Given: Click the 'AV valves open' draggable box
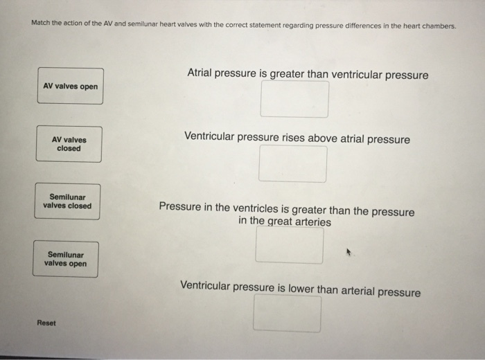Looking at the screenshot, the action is click(x=71, y=86).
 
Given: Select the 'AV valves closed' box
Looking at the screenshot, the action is click(x=69, y=144).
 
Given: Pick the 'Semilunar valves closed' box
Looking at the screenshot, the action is click(x=67, y=201).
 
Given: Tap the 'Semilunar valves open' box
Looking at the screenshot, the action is click(x=66, y=259).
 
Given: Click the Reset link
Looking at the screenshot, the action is click(x=46, y=323).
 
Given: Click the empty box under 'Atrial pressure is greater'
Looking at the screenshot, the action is click(x=294, y=99).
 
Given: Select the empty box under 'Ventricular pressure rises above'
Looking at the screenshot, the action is click(x=292, y=164).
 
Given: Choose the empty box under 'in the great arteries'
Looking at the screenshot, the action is click(x=289, y=245).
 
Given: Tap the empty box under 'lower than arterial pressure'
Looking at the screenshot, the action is click(x=287, y=314).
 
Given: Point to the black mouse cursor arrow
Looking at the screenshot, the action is click(x=349, y=252).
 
